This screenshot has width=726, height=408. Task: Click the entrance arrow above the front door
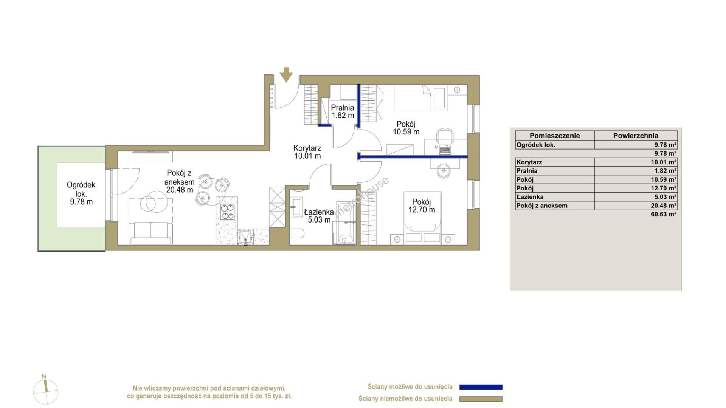286,75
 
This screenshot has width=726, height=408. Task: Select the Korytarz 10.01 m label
307,152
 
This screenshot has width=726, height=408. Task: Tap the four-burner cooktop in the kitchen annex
227,212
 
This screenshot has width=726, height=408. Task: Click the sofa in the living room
150,233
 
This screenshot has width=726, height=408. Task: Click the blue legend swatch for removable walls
481,387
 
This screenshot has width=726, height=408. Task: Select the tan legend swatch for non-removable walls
481,399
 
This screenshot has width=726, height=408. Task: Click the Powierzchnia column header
636,136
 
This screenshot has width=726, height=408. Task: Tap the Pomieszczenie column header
554,136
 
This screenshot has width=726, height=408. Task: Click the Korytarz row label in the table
529,162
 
